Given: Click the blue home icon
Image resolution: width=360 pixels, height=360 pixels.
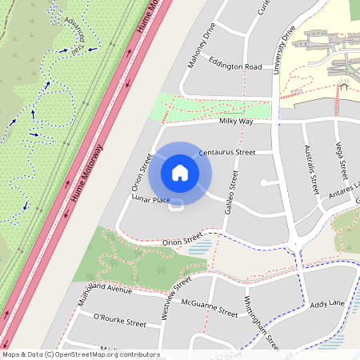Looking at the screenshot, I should [x=179, y=172].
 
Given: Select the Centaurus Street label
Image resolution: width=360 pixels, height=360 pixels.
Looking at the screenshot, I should [x=226, y=152].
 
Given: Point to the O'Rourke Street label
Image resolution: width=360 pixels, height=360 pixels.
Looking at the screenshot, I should [x=120, y=322].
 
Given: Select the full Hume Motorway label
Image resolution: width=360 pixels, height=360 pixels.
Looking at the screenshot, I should [x=84, y=182].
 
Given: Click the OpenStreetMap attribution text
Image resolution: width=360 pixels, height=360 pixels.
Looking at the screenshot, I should [x=81, y=354].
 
